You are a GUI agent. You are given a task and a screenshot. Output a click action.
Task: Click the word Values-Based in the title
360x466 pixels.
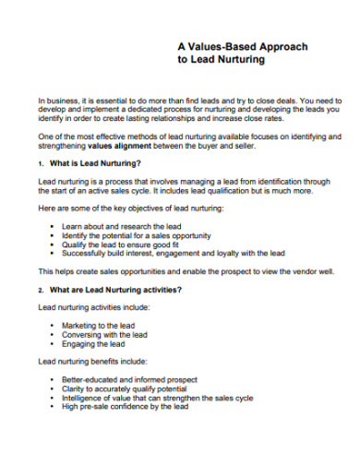[x=221, y=46]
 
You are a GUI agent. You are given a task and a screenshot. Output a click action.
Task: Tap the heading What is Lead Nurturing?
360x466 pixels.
[x=95, y=162]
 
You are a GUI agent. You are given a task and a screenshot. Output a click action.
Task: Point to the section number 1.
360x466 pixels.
[x=41, y=162]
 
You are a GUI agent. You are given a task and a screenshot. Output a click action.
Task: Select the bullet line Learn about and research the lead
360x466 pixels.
[x=121, y=226]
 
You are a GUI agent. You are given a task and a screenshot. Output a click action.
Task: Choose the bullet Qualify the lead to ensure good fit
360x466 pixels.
[x=124, y=244]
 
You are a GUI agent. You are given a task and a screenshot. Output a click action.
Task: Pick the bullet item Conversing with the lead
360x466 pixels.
[x=103, y=334]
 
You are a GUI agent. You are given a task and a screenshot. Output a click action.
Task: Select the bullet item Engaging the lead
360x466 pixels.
[x=93, y=343]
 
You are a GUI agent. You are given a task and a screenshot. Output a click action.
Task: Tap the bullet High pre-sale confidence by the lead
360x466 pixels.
[x=125, y=406]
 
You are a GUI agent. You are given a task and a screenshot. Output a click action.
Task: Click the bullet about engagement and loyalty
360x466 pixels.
[x=173, y=253]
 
